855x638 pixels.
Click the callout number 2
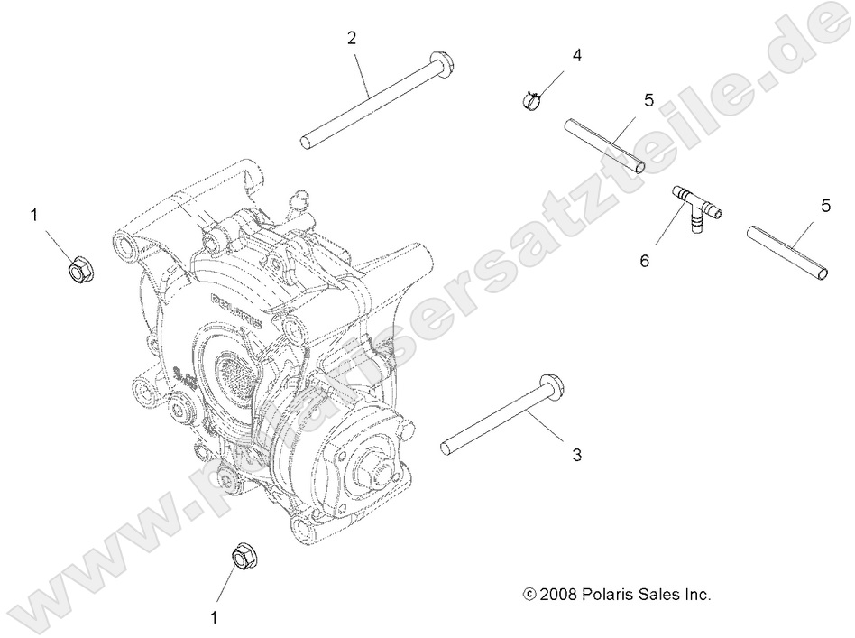coord(352,37)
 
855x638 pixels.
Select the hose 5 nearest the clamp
coord(604,144)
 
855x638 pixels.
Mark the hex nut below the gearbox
coord(242,557)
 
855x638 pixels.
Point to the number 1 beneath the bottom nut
coord(214,617)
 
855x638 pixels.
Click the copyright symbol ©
coord(529,595)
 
